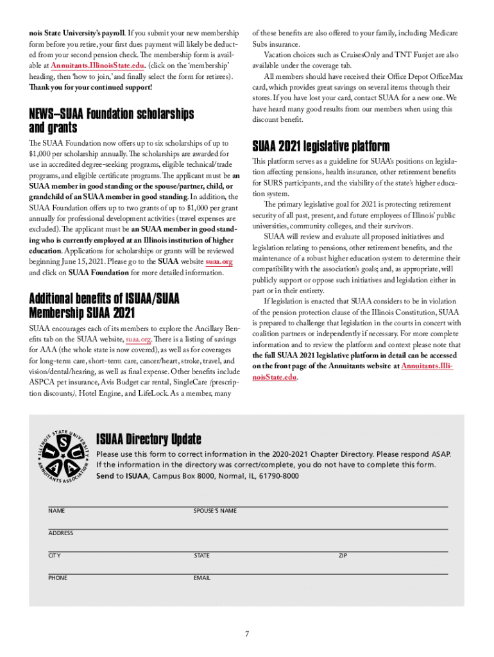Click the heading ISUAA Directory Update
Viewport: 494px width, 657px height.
tap(148, 439)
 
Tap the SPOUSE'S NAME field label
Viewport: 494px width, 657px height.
tap(215, 511)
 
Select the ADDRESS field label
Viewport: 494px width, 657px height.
tap(60, 533)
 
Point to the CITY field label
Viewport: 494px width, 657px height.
tap(55, 556)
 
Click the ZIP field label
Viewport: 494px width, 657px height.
tap(343, 556)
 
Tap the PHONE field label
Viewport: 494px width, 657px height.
tap(57, 578)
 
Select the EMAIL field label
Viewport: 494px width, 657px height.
tap(202, 578)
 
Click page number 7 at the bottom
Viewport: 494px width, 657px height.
tap(247, 635)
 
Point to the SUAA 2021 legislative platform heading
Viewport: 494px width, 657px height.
tap(321, 146)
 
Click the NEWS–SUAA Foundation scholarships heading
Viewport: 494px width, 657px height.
tap(112, 114)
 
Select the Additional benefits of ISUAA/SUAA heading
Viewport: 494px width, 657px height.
tap(105, 300)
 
